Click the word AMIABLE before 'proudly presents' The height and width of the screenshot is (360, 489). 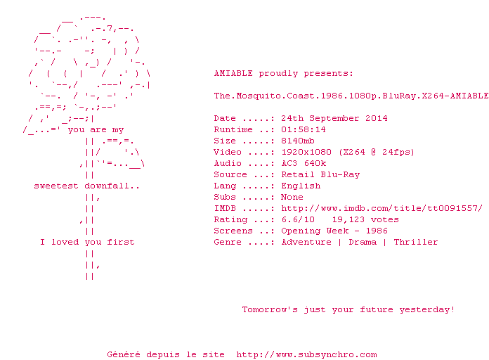tap(233, 73)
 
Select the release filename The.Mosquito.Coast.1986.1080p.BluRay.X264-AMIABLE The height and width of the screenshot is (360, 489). tap(351, 96)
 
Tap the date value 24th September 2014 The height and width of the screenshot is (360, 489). tap(334, 118)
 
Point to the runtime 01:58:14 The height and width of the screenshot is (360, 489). tap(304, 129)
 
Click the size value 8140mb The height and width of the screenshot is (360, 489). tap(298, 141)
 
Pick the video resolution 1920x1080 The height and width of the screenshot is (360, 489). tap(306, 152)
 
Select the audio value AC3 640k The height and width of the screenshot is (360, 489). tap(304, 163)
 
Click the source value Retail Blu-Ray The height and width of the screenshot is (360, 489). tap(320, 174)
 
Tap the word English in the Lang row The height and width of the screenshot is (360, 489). tap(301, 186)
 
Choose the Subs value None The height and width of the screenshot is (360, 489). tap(292, 197)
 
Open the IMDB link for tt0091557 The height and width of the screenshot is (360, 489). tap(382, 208)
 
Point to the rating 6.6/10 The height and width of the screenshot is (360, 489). tap(298, 219)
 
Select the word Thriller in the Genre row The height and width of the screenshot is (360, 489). tap(416, 242)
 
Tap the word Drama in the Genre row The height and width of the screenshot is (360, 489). tap(363, 242)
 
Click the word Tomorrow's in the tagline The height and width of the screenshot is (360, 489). tap(270, 309)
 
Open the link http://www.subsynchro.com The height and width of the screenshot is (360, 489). tap(306, 354)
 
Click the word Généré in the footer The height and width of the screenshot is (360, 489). tap(124, 354)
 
